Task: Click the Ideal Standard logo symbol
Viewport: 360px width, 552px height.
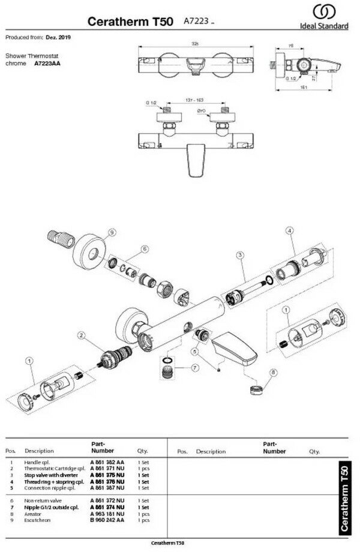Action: (x=325, y=13)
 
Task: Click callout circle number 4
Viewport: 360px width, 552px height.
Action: (x=289, y=230)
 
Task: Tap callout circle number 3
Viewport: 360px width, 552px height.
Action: (x=240, y=256)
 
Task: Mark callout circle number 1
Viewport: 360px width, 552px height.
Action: (x=28, y=361)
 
